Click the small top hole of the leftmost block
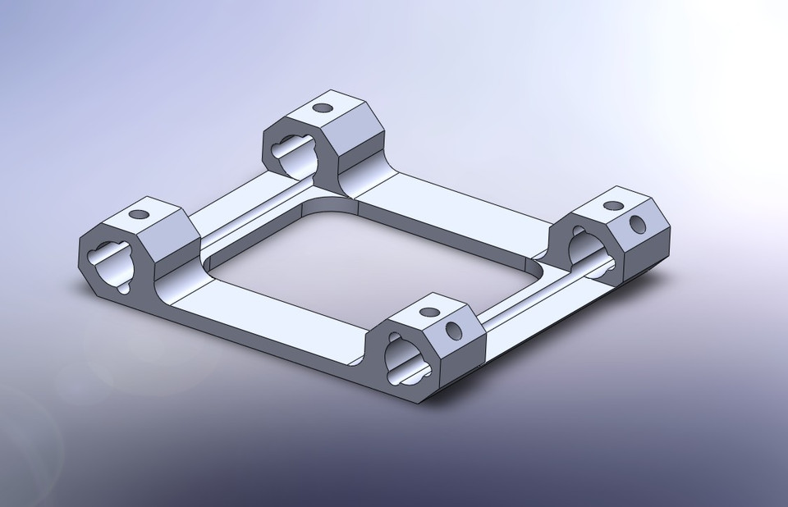click(x=140, y=214)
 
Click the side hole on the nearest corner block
click(x=453, y=331)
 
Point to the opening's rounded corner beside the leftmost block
click(x=212, y=261)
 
